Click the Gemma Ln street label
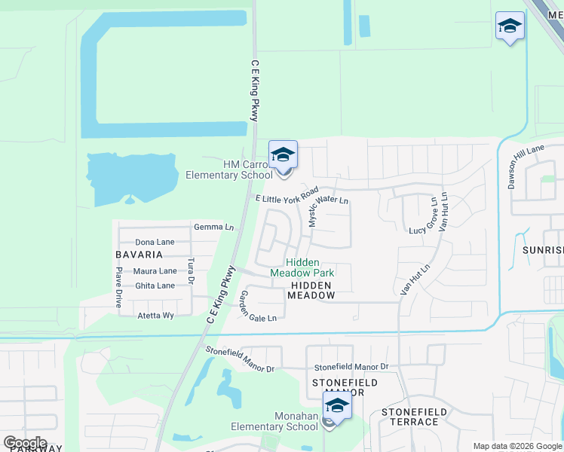click(213, 227)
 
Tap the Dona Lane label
click(155, 242)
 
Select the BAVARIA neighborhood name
click(139, 255)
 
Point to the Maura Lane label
click(155, 270)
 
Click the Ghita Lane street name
click(155, 286)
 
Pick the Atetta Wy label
click(155, 315)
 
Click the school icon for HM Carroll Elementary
click(283, 156)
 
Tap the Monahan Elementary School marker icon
click(337, 406)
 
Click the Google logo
click(25, 443)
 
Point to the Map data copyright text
click(517, 446)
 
